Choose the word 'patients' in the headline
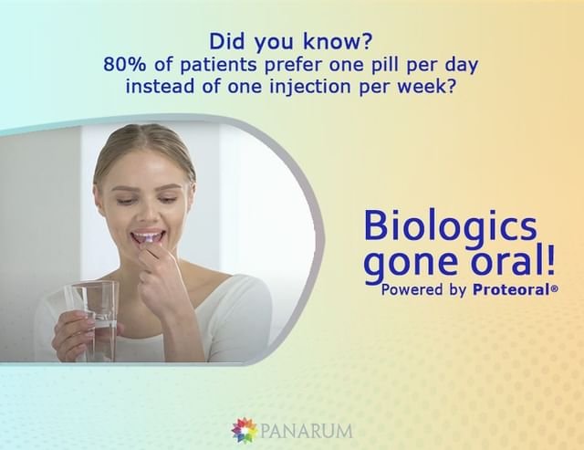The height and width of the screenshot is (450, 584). pos(219,65)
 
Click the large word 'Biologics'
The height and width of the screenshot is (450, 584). pos(450,225)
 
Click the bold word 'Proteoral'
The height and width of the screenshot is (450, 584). pos(511,289)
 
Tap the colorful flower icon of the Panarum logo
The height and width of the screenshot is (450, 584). pos(244,430)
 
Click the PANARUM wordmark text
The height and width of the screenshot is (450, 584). pos(307,431)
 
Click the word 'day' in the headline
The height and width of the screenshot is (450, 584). pos(462,66)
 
